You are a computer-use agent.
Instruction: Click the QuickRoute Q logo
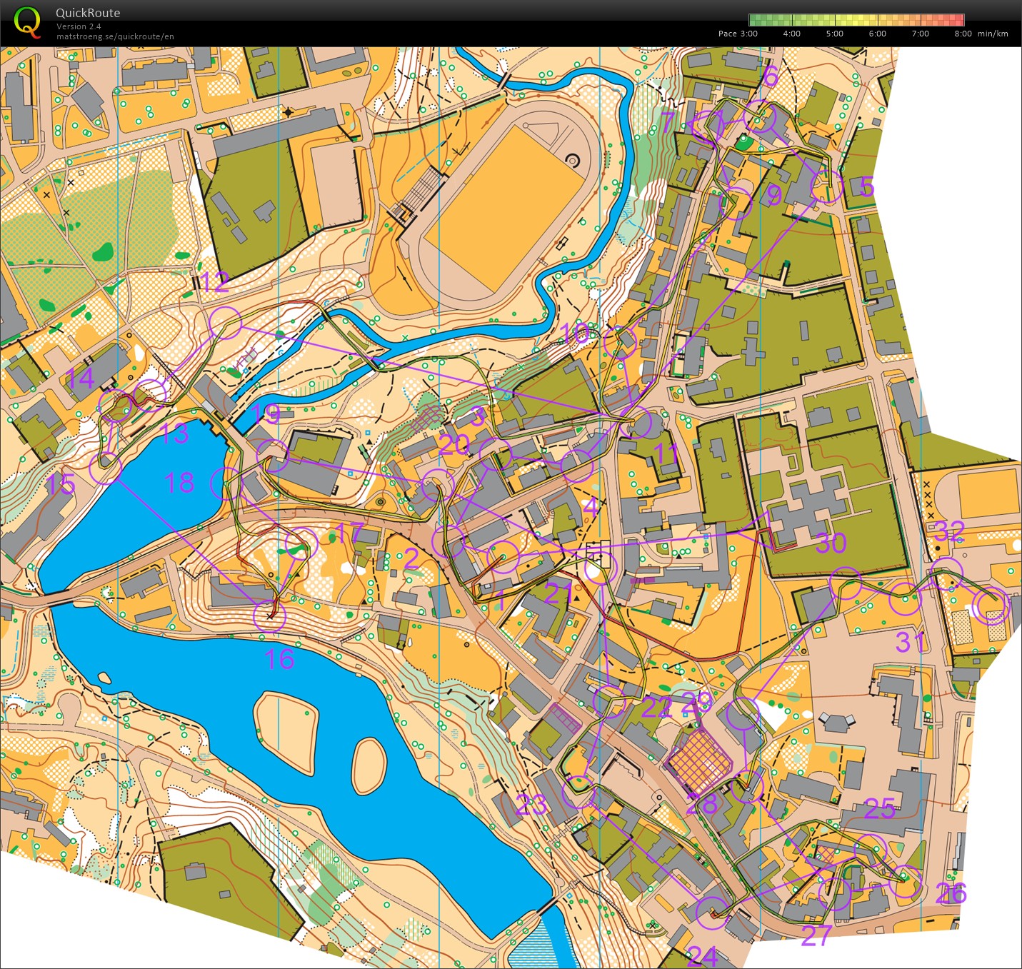[28, 22]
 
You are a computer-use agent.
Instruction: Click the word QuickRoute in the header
[88, 13]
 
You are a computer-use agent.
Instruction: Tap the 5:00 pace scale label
[834, 34]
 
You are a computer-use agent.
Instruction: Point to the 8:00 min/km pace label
[981, 34]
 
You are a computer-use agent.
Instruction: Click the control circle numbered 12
[226, 323]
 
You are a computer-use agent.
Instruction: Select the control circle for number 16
[270, 616]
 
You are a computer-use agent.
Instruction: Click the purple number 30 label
[831, 543]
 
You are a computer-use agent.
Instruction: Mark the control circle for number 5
[827, 188]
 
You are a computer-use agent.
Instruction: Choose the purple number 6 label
[770, 76]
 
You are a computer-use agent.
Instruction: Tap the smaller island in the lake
[369, 766]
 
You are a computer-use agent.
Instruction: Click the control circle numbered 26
[905, 883]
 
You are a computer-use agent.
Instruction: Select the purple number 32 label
[950, 532]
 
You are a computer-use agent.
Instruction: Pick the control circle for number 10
[620, 342]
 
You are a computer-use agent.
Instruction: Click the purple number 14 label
[79, 378]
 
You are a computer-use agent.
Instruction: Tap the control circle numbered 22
[609, 702]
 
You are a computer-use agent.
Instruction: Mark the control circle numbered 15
[106, 468]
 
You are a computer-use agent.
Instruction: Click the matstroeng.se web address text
[115, 36]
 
